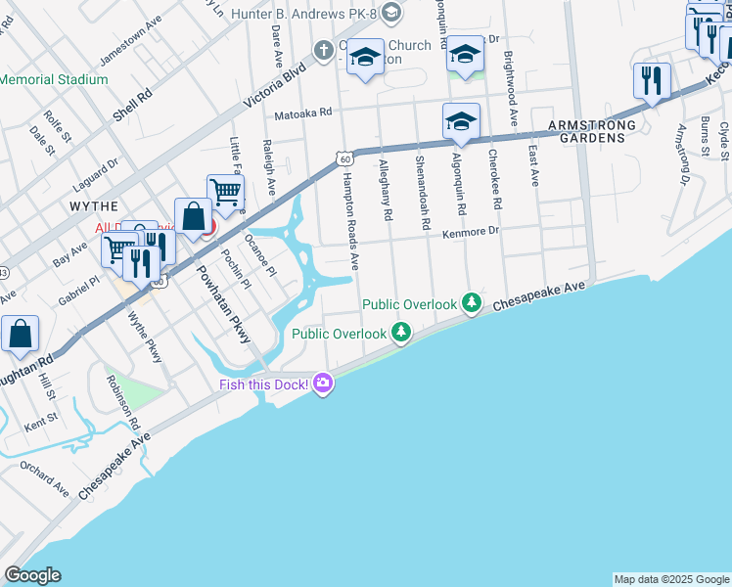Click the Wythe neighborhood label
93,206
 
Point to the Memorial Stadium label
54,79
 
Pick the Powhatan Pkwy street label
226,304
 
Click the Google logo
32,575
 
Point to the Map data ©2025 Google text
671,579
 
